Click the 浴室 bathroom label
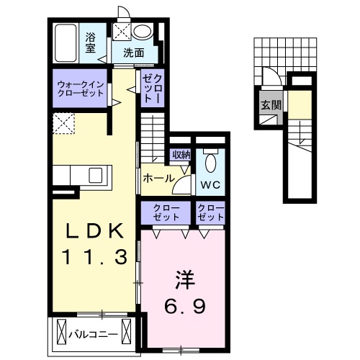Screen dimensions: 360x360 tap(91, 42)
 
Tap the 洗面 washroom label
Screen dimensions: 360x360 tap(132, 53)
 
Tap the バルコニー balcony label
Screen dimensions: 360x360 tap(94, 333)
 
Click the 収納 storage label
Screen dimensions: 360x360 tap(181, 153)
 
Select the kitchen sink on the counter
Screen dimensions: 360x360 tap(96, 174)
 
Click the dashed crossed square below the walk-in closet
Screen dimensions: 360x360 tap(64, 123)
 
